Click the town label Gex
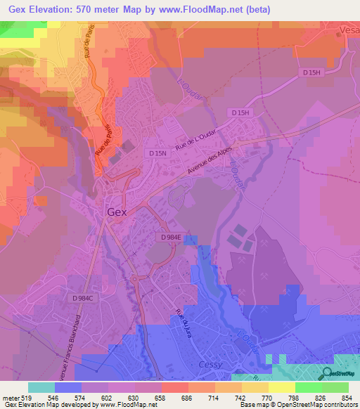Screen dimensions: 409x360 pos(117,211)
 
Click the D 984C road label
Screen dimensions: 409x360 pos(83,299)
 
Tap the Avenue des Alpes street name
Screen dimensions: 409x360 pos(214,163)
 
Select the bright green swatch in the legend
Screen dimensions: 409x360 pos(309,387)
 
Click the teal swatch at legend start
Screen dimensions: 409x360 pos(41,387)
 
